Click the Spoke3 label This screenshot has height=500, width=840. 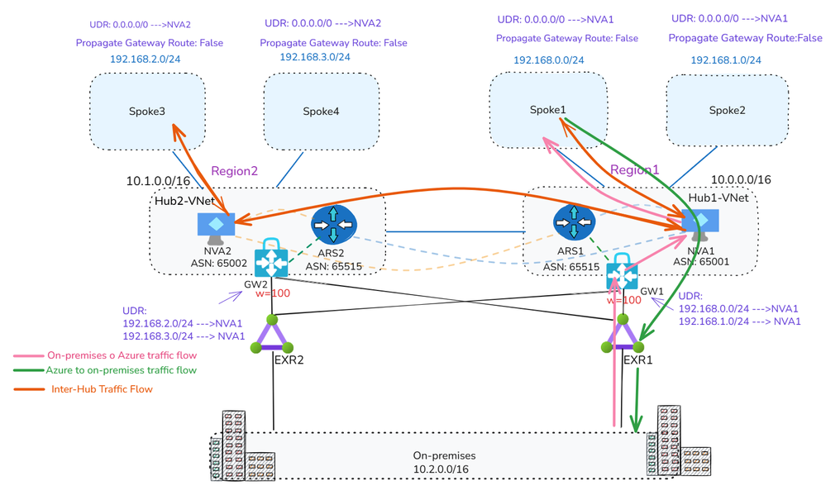coord(147,112)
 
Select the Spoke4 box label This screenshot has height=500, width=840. coord(321,112)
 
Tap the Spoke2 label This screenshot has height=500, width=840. coord(727,111)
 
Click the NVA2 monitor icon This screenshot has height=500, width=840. coord(216,226)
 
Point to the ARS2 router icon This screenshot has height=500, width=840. coord(332,224)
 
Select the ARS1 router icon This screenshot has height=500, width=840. coord(574,224)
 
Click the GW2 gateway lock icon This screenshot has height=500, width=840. coord(271,259)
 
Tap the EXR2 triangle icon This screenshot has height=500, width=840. coord(272,335)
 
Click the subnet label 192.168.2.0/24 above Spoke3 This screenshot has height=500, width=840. coord(145,60)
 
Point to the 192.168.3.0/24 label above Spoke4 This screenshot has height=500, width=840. coord(315,57)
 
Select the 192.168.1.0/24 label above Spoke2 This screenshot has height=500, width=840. coord(726,60)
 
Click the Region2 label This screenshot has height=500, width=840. coord(235,171)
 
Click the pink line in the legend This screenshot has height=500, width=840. coord(28,356)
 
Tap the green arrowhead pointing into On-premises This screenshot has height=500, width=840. coord(636,424)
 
